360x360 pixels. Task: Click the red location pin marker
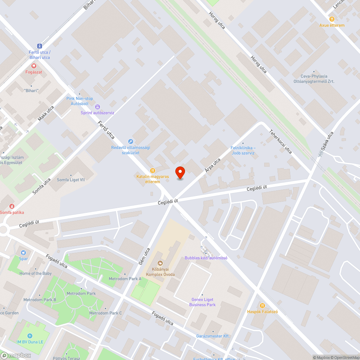tap(180, 172)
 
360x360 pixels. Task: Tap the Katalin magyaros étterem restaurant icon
tap(153, 171)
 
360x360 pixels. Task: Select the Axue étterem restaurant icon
tap(332, 19)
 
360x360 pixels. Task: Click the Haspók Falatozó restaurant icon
tap(262, 306)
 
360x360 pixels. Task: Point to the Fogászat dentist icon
tap(34, 66)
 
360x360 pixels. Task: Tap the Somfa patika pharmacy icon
tap(12, 206)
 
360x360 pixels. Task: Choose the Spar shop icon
tap(23, 253)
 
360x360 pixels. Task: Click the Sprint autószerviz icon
tap(97, 107)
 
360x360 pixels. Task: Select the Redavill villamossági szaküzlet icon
tap(131, 141)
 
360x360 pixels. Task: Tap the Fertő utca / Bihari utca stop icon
tap(39, 46)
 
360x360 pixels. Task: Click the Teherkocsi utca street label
tap(281, 141)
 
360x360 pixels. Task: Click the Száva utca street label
tap(327, 141)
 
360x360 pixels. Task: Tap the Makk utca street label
tap(46, 113)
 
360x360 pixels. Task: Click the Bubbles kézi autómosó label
tap(206, 258)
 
